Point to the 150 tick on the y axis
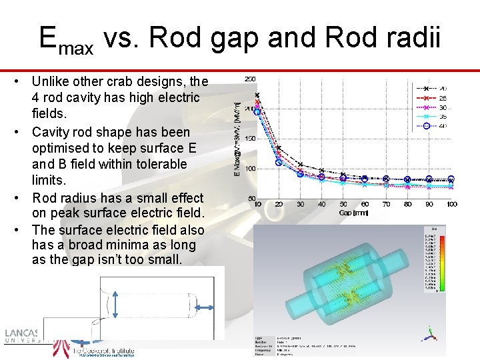click(x=249, y=139)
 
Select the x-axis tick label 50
click(x=343, y=204)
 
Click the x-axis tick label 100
click(x=451, y=204)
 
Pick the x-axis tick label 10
click(x=257, y=204)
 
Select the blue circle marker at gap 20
click(x=279, y=162)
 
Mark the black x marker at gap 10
click(x=257, y=95)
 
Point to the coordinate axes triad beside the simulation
click(x=431, y=332)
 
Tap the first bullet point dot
click(x=22, y=82)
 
